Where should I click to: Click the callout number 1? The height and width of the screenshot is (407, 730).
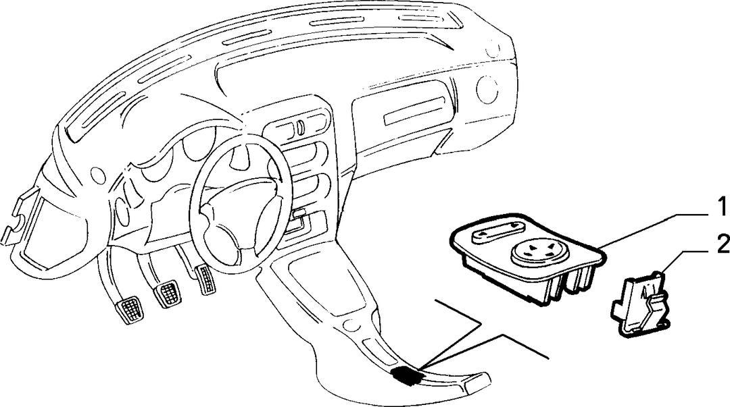[721, 206]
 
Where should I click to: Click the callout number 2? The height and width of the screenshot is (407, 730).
[723, 244]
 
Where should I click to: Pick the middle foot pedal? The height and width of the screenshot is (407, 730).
[167, 293]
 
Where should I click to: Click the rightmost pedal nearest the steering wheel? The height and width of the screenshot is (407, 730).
[205, 279]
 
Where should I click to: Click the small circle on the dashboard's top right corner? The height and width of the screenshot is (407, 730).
[493, 47]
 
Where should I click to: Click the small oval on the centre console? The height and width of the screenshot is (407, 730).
[349, 324]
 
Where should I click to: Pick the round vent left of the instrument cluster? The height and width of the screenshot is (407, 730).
[98, 174]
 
